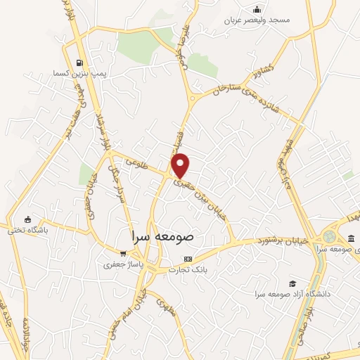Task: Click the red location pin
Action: tap(181, 165)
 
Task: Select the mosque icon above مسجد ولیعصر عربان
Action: tap(257, 9)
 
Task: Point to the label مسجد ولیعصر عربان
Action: tap(257, 20)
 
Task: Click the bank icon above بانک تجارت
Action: tap(187, 259)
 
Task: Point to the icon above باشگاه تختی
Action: tap(27, 219)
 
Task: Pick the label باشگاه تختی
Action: tap(27, 230)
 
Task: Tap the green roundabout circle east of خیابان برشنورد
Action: tap(329, 238)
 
